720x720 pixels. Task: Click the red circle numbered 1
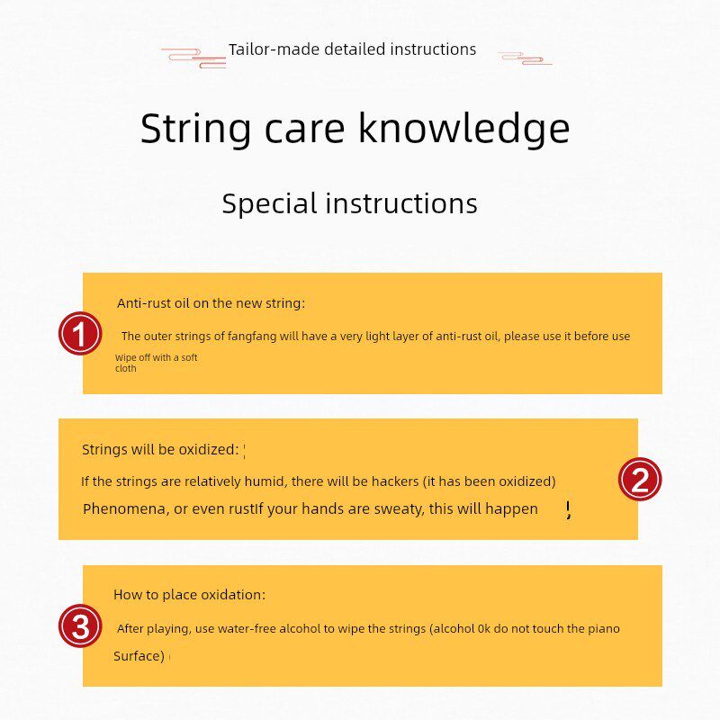80,333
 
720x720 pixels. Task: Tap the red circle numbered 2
640,480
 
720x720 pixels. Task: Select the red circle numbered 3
80,625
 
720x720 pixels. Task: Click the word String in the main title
195,129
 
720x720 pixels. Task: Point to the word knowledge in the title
463,128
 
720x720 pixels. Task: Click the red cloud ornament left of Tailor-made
194,58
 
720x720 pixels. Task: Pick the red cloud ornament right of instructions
526,58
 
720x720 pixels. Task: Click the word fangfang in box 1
252,337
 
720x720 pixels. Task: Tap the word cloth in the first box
125,368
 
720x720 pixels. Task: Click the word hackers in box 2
395,481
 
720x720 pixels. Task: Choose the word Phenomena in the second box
125,508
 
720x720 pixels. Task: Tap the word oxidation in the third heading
233,595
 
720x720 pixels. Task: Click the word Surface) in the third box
139,656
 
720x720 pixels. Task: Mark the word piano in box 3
603,628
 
